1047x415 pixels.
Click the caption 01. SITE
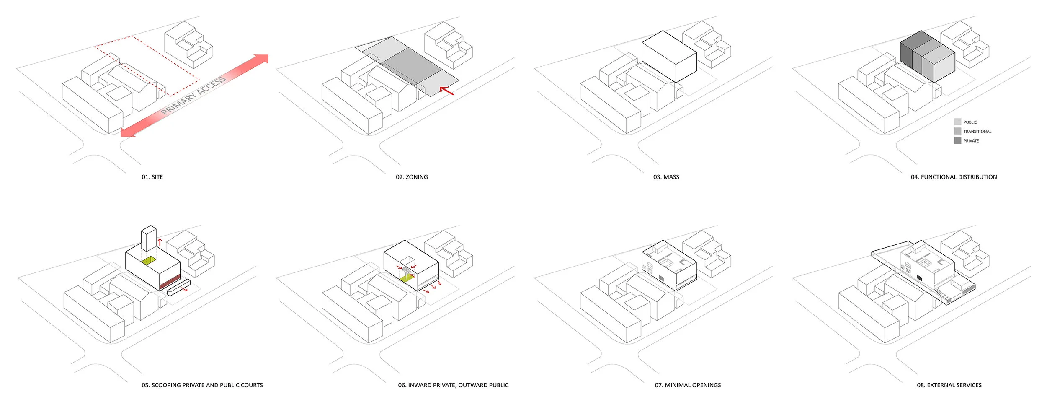tap(152, 177)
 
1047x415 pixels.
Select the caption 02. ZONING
tap(412, 177)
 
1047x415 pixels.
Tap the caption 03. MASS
tap(666, 177)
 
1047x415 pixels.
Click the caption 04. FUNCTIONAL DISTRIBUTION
tap(954, 177)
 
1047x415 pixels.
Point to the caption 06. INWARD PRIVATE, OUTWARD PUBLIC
tap(453, 385)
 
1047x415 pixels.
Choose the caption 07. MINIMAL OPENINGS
tap(688, 385)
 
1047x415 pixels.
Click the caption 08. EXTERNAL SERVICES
tap(949, 385)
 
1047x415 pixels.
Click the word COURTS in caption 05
tap(252, 385)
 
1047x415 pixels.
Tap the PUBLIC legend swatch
tap(957, 122)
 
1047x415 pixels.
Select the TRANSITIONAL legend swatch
tap(957, 131)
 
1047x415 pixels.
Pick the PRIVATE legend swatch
tap(957, 140)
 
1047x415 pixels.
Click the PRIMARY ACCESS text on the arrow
tap(193, 96)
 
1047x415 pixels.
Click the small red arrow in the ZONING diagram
tap(446, 90)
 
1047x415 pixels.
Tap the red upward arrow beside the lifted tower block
tap(160, 242)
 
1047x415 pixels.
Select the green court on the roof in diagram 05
tap(148, 261)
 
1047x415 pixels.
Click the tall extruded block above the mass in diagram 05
tap(148, 238)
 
